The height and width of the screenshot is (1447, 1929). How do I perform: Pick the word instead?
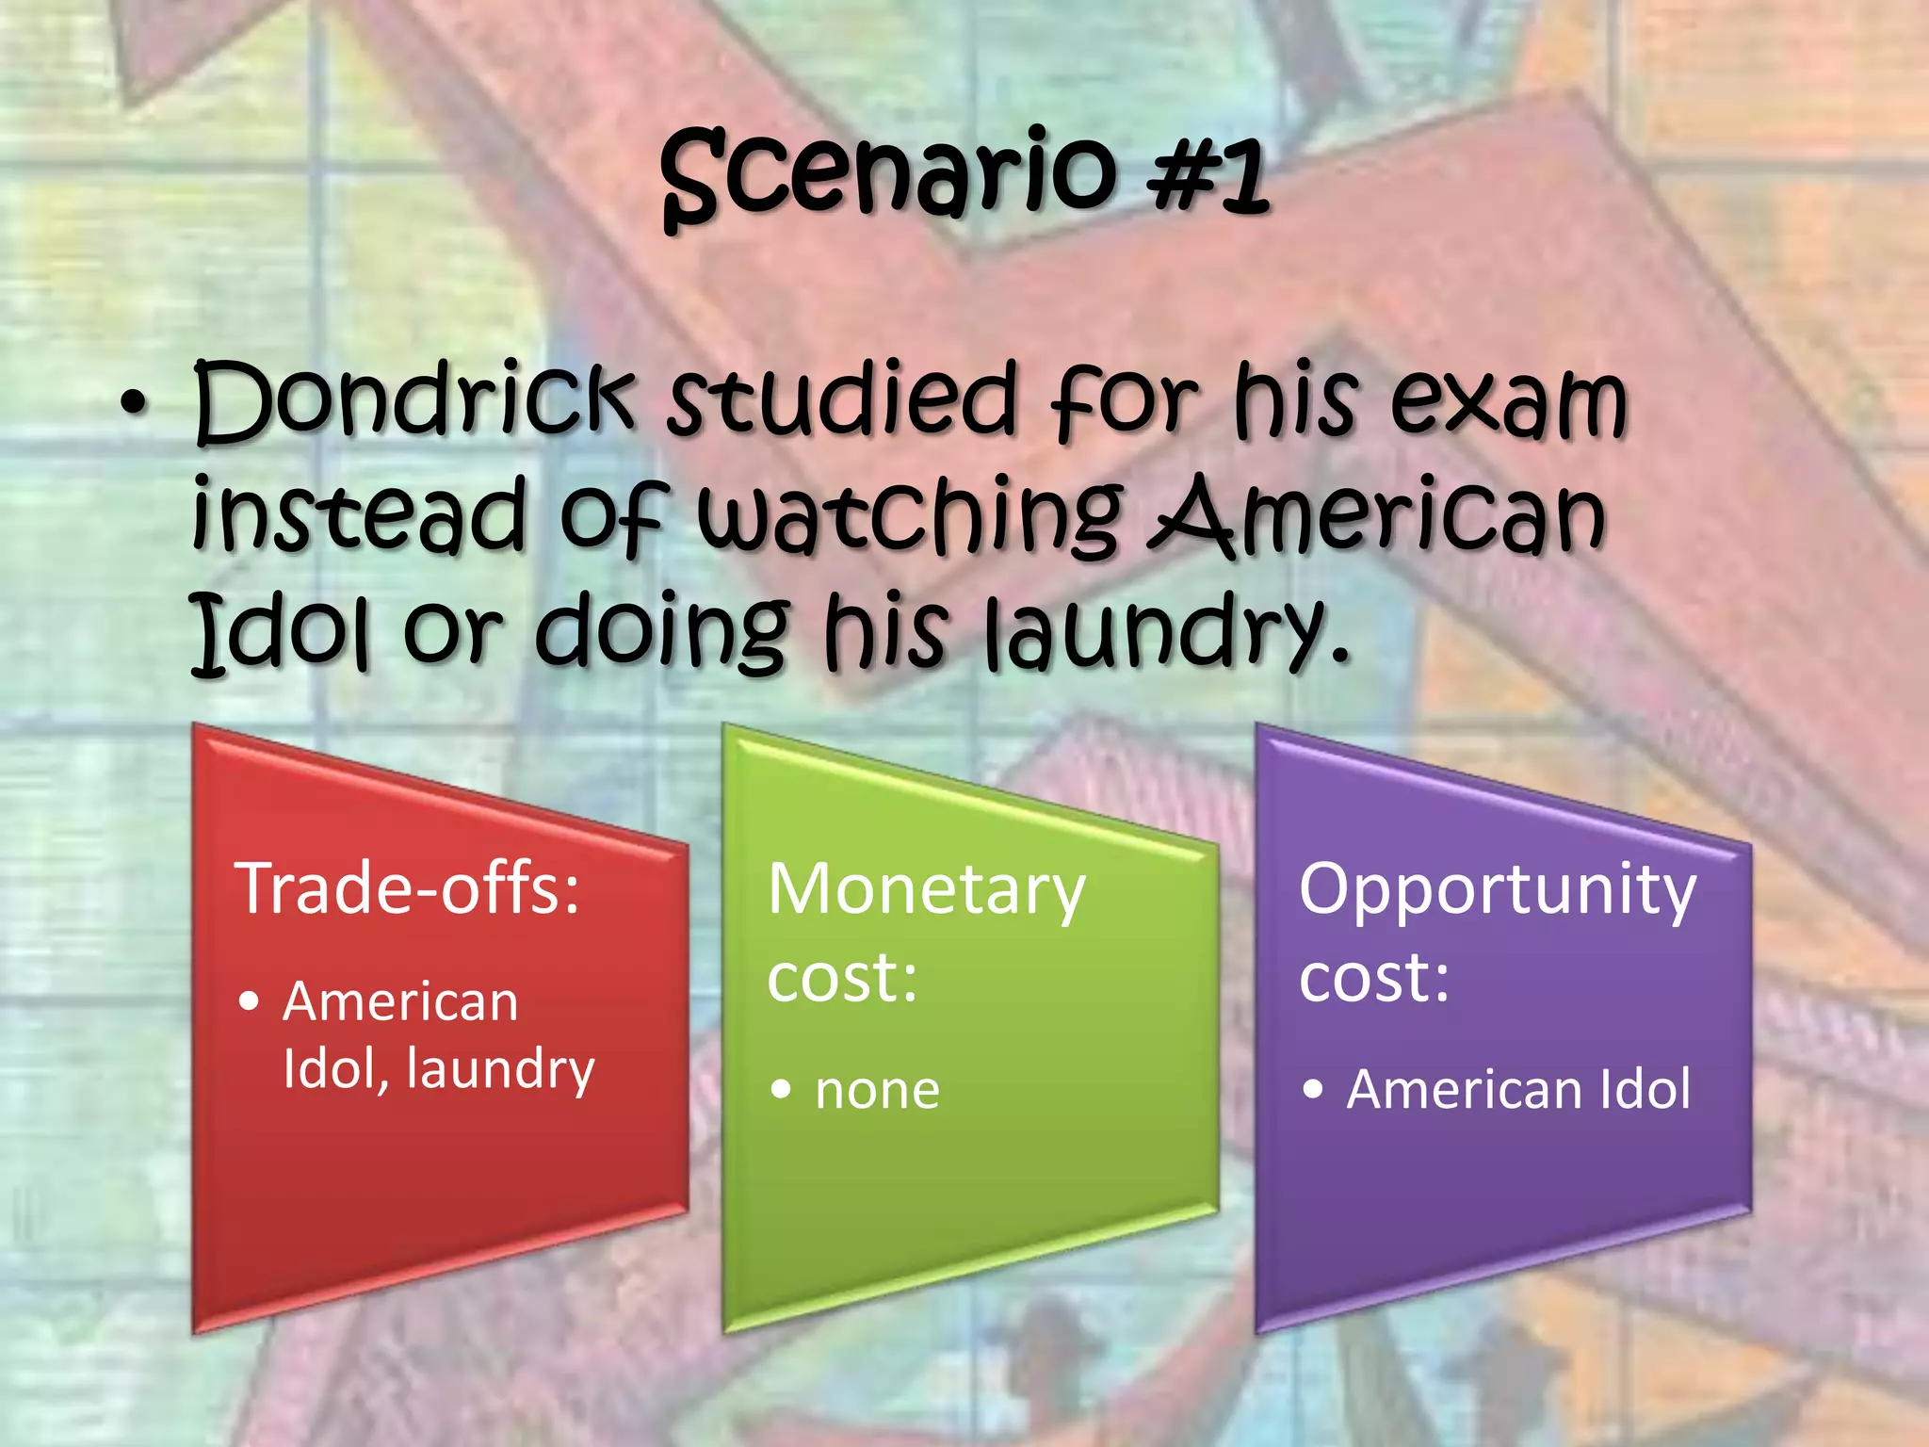click(x=358, y=516)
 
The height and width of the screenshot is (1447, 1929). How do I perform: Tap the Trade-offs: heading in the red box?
click(x=407, y=888)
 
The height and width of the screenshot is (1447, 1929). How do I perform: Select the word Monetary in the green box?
click(x=926, y=890)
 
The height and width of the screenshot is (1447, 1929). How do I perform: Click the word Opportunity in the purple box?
click(x=1497, y=890)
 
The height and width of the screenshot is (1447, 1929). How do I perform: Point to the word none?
click(x=877, y=1091)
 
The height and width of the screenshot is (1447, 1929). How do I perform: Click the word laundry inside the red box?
click(x=500, y=1069)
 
